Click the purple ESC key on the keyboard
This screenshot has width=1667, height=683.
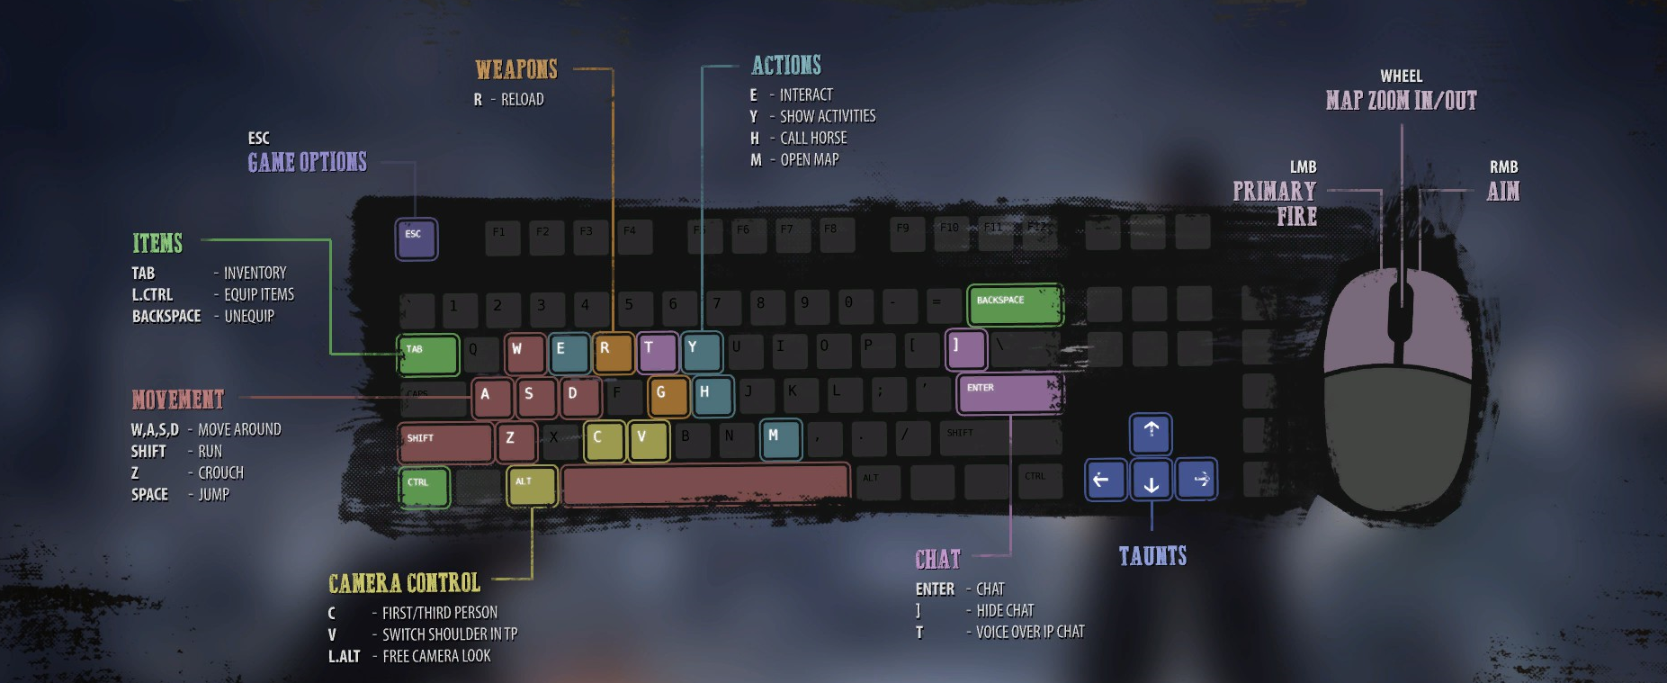coord(417,239)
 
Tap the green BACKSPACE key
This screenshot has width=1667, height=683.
coord(1015,305)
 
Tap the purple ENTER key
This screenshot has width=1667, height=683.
coord(1009,394)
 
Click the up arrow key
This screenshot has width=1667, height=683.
coord(1151,434)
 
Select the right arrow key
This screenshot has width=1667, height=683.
coord(1196,480)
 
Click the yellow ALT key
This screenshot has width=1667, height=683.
coord(531,486)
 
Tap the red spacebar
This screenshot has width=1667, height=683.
coord(704,484)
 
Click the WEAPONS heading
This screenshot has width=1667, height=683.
coord(516,69)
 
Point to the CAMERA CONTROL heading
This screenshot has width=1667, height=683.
coord(404,583)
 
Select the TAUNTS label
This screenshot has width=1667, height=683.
coord(1152,556)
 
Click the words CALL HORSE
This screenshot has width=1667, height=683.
coord(813,138)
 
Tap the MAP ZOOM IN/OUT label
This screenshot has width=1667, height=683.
coord(1401,100)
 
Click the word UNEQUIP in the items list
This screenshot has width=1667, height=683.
coord(249,316)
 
